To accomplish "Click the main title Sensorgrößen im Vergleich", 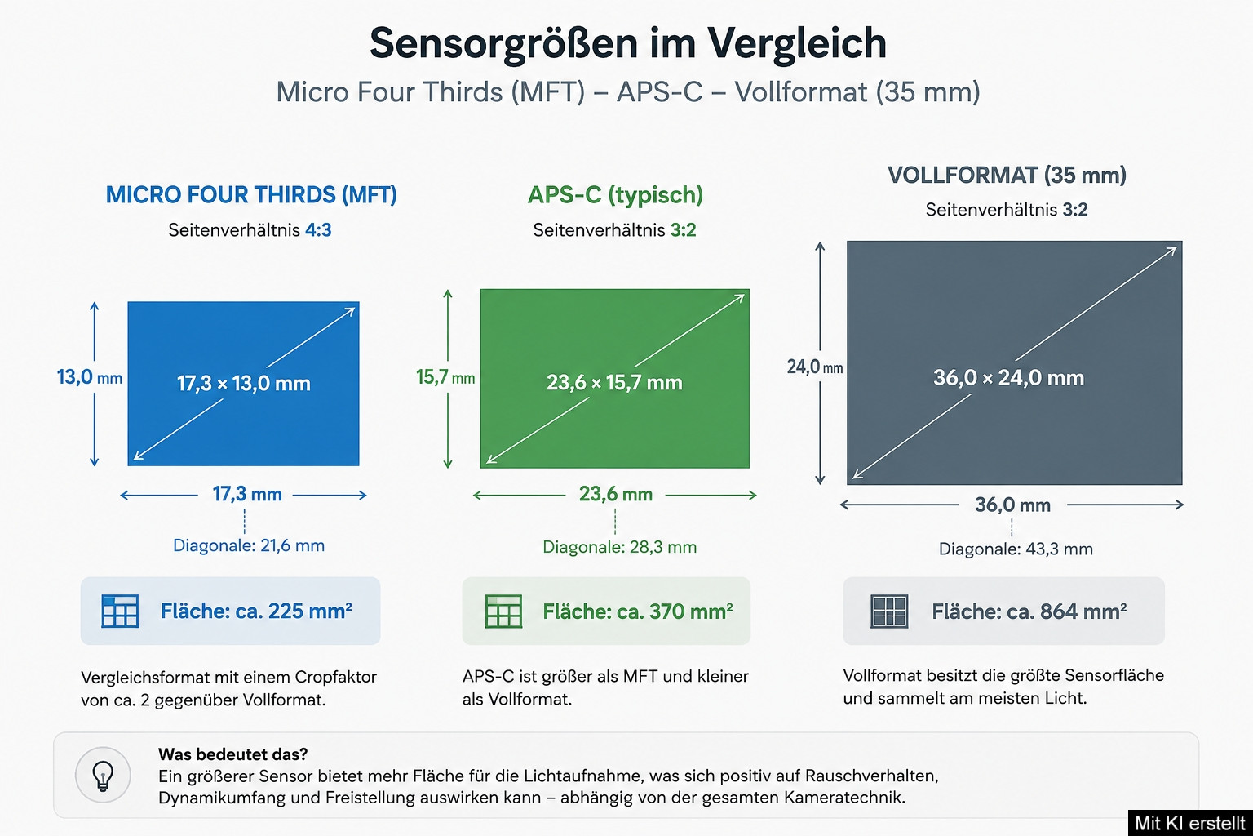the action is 627,43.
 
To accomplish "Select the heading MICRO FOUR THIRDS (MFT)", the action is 251,195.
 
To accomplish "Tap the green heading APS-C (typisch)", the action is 615,195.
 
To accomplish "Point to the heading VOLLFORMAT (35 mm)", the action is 1007,176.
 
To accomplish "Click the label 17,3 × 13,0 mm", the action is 243,384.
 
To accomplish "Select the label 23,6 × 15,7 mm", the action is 614,382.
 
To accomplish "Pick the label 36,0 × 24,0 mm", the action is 1008,378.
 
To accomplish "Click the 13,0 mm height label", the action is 90,377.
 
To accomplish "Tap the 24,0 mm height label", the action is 814,367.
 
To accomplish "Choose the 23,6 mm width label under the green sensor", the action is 615,494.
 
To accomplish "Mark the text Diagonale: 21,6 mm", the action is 248,545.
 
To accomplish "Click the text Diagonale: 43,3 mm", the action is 1016,549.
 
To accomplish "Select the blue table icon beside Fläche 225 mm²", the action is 120,611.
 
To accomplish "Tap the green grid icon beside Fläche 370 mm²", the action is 503,611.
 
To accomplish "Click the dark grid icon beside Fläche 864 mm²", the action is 889,611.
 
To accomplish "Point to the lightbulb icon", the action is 103,776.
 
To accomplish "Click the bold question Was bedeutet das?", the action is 232,754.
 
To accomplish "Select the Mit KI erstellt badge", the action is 1190,823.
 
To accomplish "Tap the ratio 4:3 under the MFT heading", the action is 317,230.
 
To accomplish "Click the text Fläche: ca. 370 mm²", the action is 638,611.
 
